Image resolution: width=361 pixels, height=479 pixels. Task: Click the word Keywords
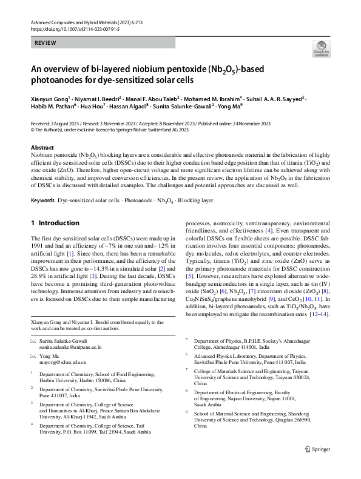[x=42, y=199]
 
